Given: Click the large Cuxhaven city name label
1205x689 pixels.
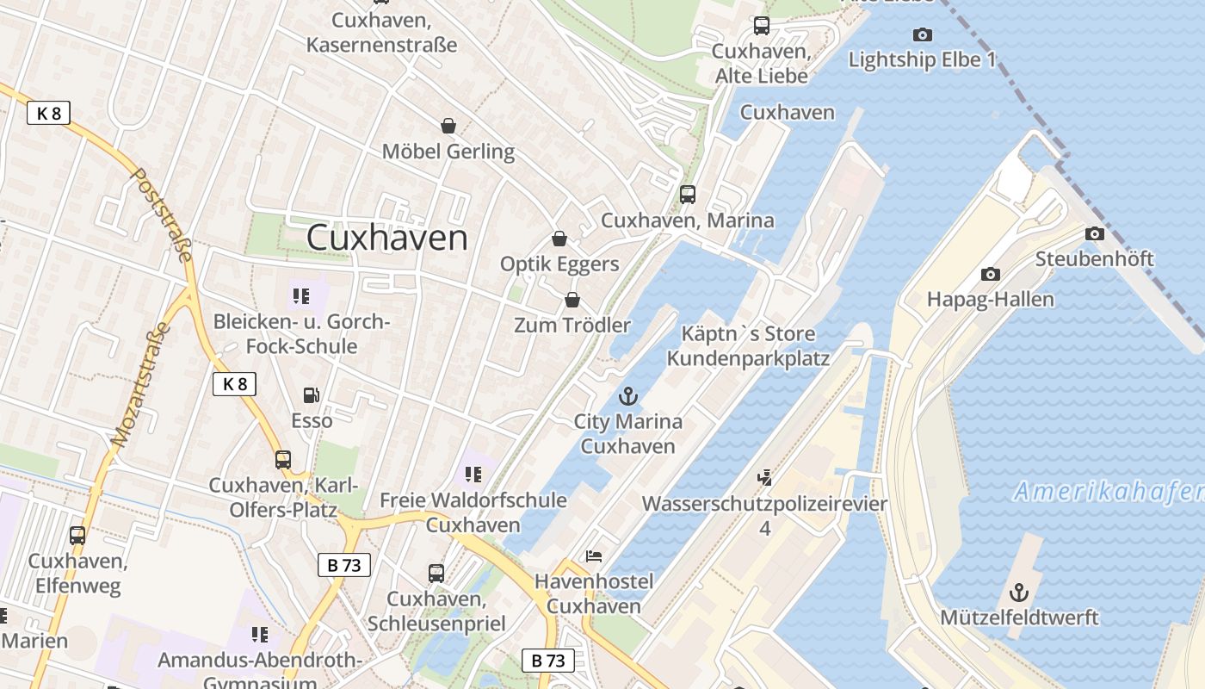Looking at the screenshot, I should (x=387, y=238).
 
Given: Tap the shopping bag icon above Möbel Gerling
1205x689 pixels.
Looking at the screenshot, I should (x=448, y=126).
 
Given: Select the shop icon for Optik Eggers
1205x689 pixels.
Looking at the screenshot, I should (x=559, y=239).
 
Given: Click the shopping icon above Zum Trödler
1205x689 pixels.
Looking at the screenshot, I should (x=572, y=300).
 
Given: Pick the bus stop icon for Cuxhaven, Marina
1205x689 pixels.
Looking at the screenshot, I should (x=687, y=195).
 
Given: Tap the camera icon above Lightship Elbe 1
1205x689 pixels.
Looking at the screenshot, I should (x=922, y=35).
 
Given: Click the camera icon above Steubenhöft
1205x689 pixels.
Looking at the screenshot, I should (x=1095, y=233).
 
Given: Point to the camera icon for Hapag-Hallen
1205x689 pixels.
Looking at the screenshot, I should (x=991, y=275).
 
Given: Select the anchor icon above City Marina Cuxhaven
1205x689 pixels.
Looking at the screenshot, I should (x=628, y=396).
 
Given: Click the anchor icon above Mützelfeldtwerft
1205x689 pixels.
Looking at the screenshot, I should (x=1019, y=593).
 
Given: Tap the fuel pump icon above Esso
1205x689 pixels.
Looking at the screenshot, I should (x=311, y=395).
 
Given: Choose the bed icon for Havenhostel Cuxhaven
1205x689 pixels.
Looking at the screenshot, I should (x=594, y=556).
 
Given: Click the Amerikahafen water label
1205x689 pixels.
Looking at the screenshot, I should (x=1109, y=492).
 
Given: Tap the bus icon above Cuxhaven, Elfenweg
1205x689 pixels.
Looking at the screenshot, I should (x=77, y=536).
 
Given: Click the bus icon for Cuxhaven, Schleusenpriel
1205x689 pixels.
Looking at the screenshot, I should (x=436, y=573).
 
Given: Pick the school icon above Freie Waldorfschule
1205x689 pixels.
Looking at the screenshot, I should (x=473, y=475).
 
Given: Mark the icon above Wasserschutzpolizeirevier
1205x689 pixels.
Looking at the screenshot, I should (x=764, y=477).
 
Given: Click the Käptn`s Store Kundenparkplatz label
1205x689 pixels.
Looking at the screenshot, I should (x=748, y=345).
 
